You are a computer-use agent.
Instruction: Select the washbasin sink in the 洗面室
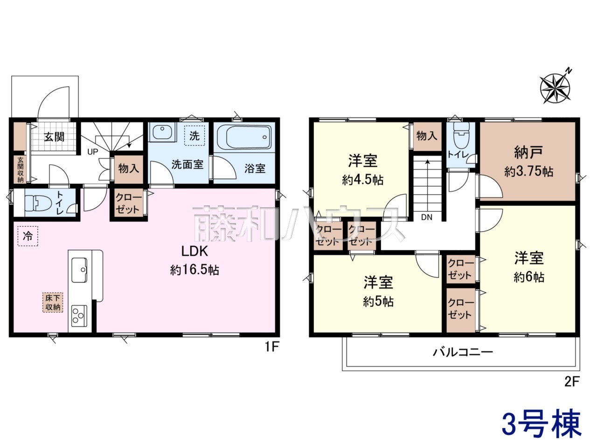point(162,132)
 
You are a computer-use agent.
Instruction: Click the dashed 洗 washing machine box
point(194,135)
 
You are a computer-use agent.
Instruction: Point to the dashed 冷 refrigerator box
point(28,236)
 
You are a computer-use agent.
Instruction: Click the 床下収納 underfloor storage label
point(53,302)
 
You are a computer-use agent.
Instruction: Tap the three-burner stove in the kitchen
point(79,316)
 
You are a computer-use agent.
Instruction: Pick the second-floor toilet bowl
point(462,133)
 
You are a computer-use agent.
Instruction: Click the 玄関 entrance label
point(55,137)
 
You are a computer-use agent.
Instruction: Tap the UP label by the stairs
point(92,152)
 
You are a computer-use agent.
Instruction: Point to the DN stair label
point(426,217)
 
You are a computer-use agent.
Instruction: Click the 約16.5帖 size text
point(194,270)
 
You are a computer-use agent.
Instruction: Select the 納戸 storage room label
point(529,152)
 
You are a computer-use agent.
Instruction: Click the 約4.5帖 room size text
point(362,180)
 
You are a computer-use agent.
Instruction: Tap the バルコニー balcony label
point(463,352)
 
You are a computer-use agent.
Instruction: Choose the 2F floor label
point(572,382)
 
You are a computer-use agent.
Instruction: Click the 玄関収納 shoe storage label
point(21,169)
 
